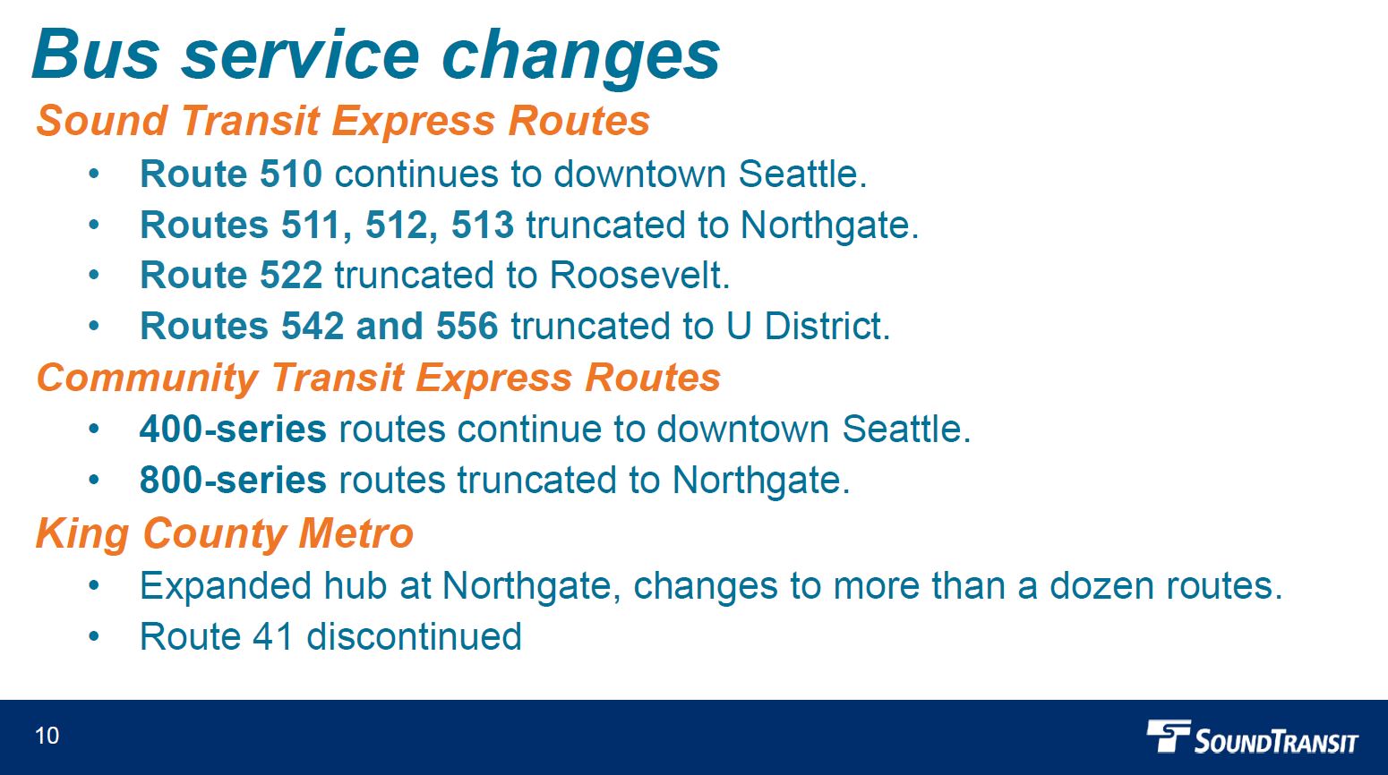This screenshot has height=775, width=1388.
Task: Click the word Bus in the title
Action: tap(96, 55)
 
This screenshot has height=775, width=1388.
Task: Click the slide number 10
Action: tap(47, 736)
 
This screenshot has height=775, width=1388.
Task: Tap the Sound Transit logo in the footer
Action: tap(1252, 737)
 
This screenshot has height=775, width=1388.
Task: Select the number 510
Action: tap(291, 174)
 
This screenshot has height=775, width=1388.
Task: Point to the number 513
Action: tap(483, 224)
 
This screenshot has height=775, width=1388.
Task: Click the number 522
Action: tap(291, 275)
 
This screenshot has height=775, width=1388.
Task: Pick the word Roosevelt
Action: tap(639, 275)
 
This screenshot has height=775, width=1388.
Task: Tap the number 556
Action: tap(467, 326)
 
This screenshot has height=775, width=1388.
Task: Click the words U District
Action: tap(808, 326)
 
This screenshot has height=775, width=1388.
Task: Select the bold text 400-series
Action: tap(233, 429)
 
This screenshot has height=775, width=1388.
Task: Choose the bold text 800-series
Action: tap(233, 479)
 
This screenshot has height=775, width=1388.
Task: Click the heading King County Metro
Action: tap(224, 533)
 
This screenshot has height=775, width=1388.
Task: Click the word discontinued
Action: tap(415, 636)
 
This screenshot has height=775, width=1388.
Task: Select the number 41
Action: tap(272, 636)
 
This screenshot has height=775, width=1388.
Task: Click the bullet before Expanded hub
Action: tap(93, 585)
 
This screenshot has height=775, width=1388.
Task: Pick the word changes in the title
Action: tap(580, 57)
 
